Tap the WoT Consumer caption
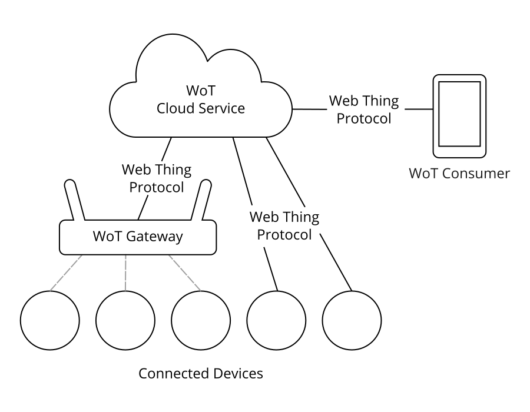(x=459, y=174)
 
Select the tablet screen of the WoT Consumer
(x=459, y=114)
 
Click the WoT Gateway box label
(x=138, y=237)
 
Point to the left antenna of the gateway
(x=75, y=200)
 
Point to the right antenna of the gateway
(x=203, y=200)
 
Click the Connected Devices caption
(x=200, y=373)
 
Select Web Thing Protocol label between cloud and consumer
(x=363, y=109)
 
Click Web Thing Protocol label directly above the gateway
(x=156, y=179)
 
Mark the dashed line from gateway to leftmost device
(x=66, y=273)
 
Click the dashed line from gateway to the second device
(x=125, y=273)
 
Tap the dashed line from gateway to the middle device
(x=185, y=273)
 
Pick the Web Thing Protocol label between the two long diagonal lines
(x=284, y=226)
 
